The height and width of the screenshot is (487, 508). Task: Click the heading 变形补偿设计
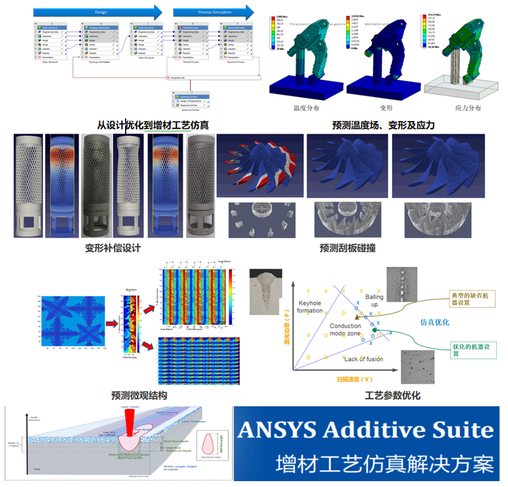(x=113, y=248)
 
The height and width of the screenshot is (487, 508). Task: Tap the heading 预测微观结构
(x=139, y=395)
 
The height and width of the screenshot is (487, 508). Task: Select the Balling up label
(x=374, y=300)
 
